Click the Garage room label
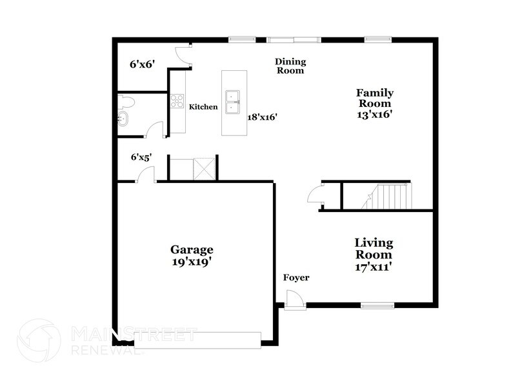(x=192, y=249)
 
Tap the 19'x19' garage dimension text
(x=192, y=262)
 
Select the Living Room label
(x=374, y=249)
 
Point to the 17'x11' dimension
(x=373, y=267)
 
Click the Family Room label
(x=375, y=98)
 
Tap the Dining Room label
(x=290, y=66)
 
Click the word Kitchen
(x=203, y=107)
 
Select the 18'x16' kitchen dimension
(x=263, y=117)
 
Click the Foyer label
(x=296, y=277)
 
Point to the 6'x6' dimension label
(x=143, y=64)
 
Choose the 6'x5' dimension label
(x=141, y=157)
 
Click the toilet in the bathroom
(x=126, y=102)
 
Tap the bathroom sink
(x=123, y=119)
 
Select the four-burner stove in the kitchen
(x=177, y=101)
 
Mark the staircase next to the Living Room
(x=388, y=197)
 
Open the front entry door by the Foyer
(x=295, y=300)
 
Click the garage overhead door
(x=197, y=340)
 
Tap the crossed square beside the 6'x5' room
(x=205, y=169)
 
